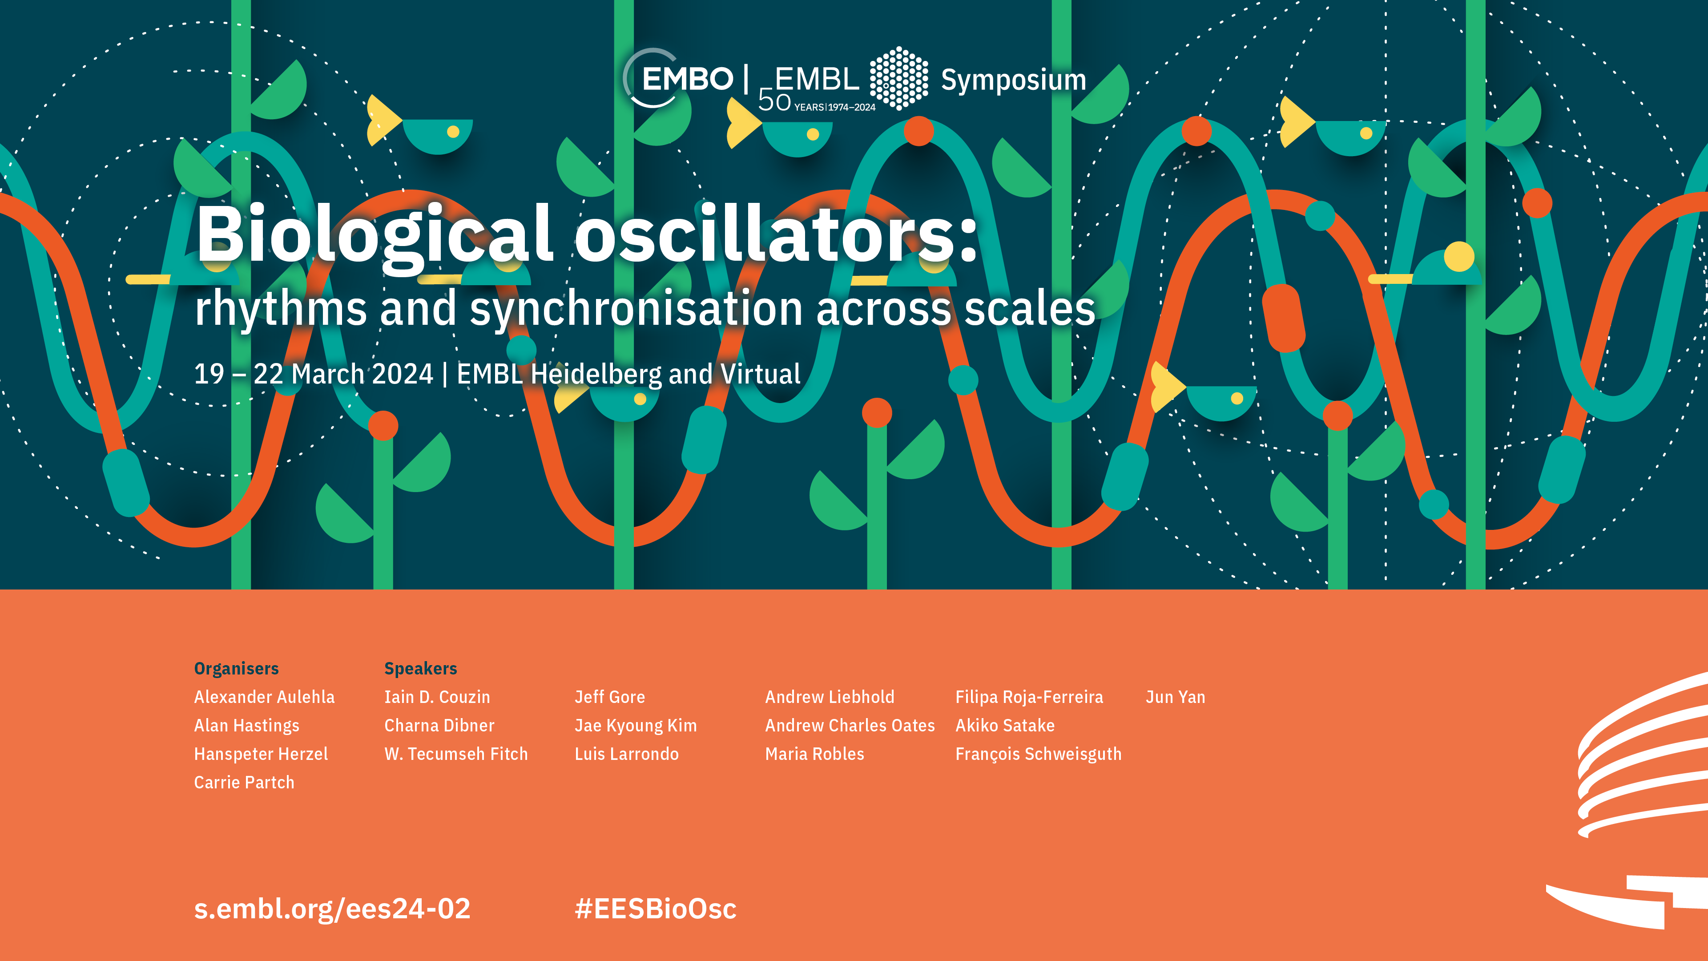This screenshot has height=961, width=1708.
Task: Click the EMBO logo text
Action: (688, 79)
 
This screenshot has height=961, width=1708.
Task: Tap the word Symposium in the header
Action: (1014, 80)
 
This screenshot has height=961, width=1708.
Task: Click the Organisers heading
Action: (236, 669)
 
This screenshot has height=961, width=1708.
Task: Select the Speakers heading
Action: (420, 669)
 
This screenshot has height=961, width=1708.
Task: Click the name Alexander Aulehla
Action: (264, 697)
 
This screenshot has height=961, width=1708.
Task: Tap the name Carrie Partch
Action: (244, 783)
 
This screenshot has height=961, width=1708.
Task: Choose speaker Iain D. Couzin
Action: (437, 697)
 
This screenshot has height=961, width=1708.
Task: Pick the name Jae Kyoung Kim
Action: (635, 726)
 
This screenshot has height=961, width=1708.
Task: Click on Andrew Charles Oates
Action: (850, 726)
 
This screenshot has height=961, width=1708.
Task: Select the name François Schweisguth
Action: (1038, 754)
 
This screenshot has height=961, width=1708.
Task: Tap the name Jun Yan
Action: (1175, 697)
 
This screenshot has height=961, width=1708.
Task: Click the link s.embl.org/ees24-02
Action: (332, 909)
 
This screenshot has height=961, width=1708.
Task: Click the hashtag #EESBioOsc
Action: (655, 909)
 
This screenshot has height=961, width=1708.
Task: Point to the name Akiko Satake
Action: (1004, 726)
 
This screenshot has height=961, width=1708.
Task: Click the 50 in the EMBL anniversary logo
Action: (774, 101)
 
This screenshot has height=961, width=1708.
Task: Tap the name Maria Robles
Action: (814, 754)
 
